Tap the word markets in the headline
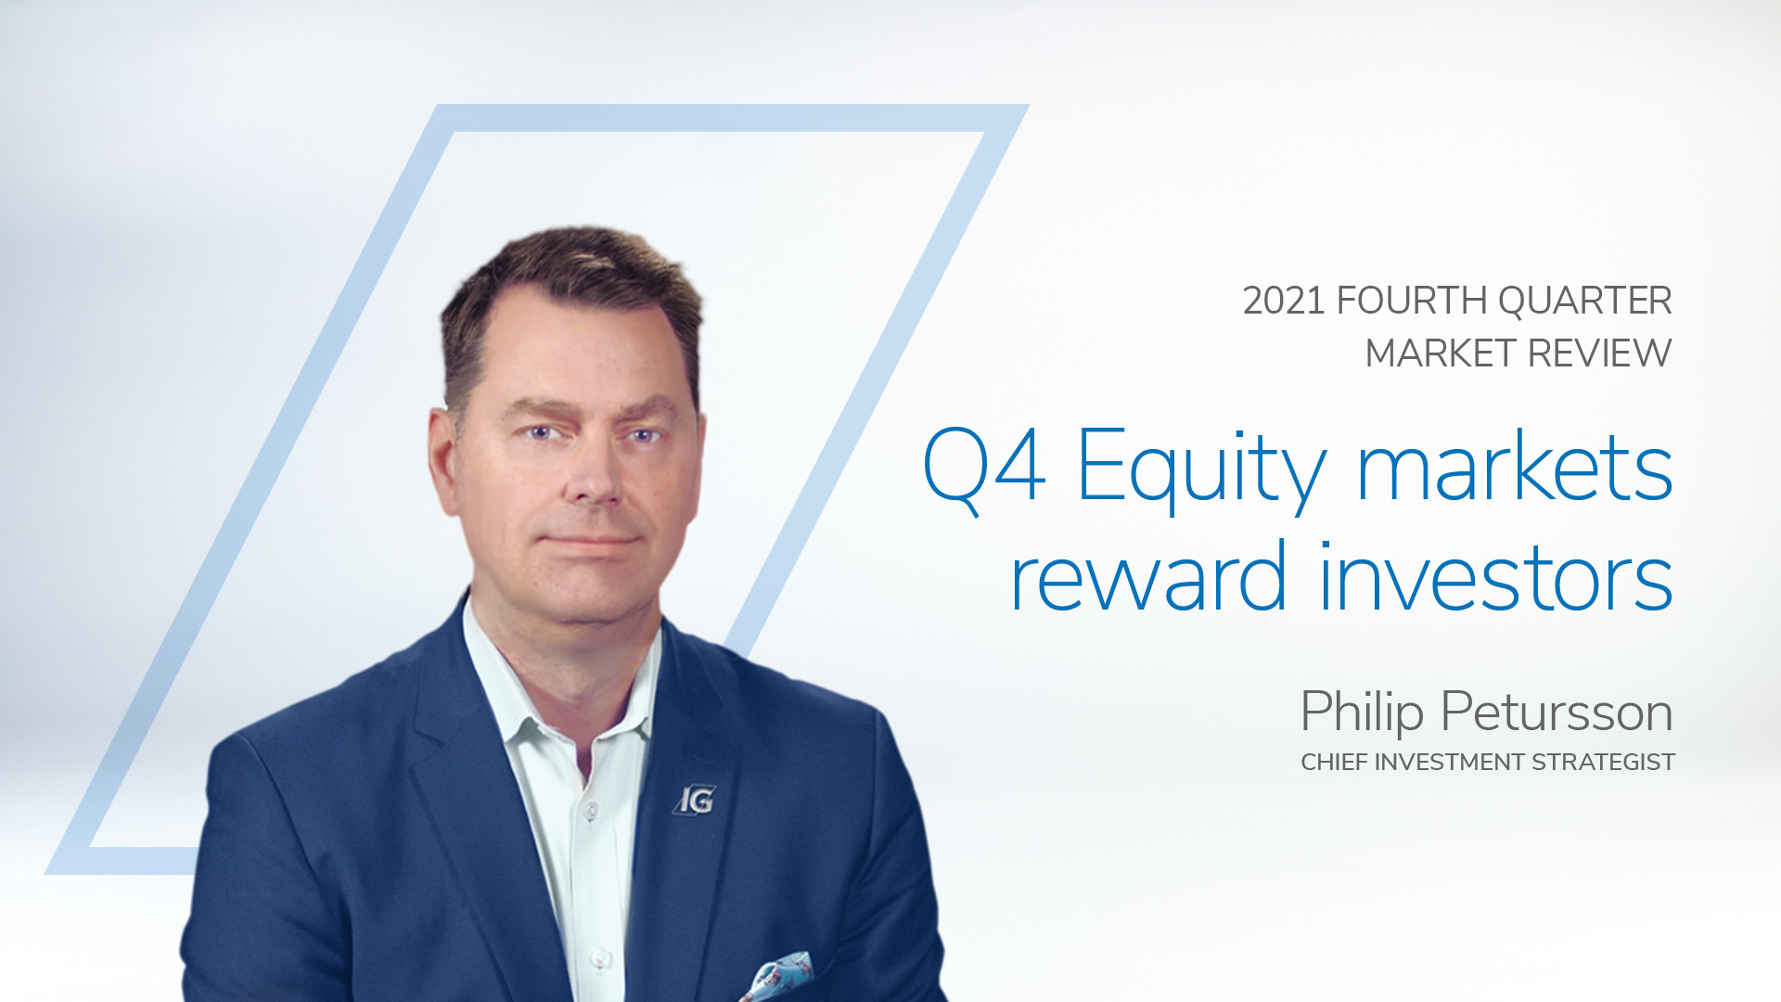[1515, 464]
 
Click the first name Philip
[1362, 713]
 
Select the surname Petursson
[1557, 713]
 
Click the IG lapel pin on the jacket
[694, 800]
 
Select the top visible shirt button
[589, 810]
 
